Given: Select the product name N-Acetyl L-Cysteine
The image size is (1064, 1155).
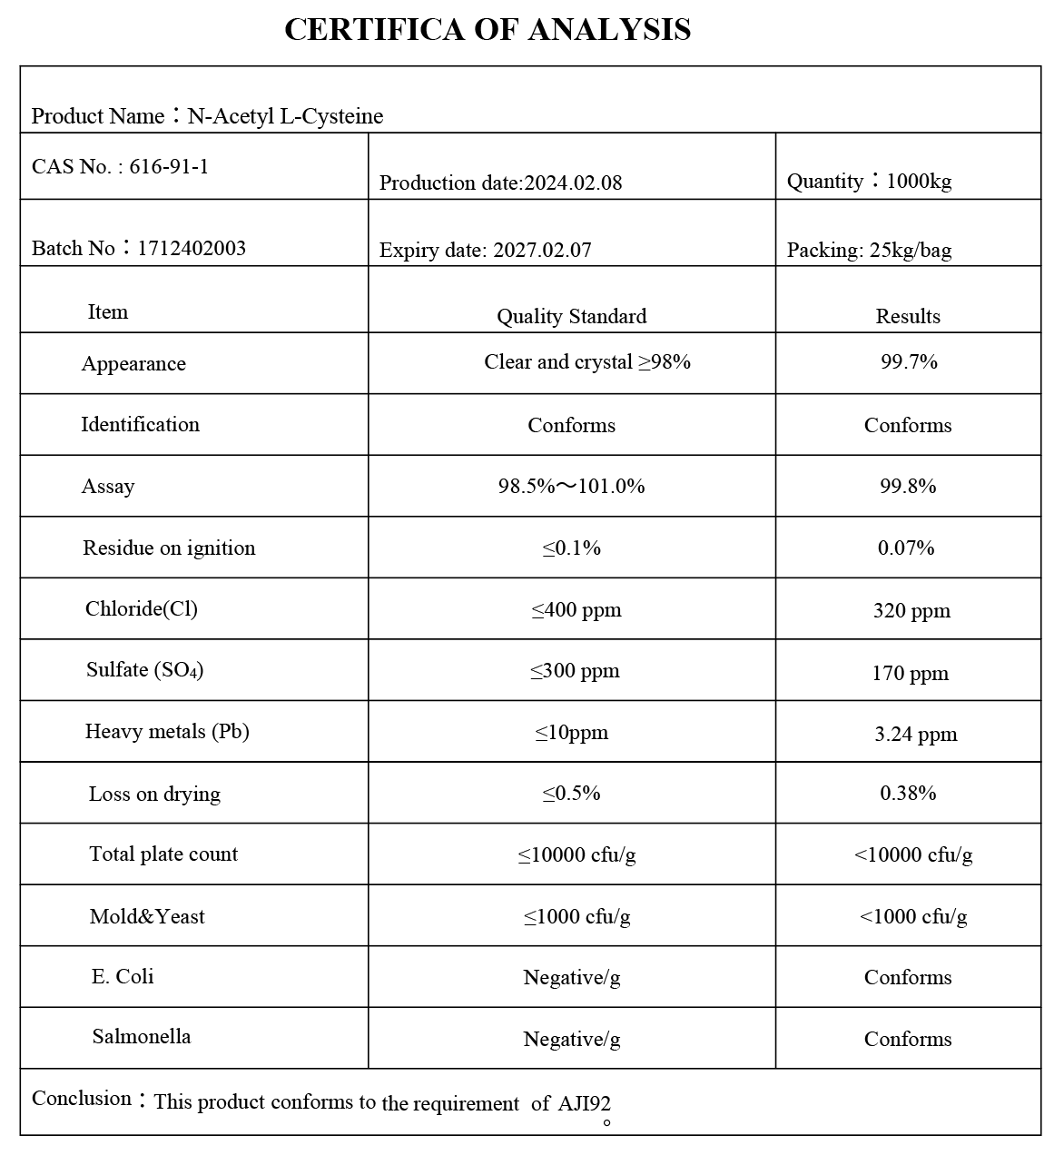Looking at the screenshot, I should tap(285, 116).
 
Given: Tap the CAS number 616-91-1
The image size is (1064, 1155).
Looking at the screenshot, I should tap(169, 166).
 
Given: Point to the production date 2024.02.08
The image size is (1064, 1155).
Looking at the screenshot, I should tap(574, 183).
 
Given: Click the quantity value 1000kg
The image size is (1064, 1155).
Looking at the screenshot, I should tap(919, 181).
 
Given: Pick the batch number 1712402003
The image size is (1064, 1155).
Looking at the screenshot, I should tap(192, 248).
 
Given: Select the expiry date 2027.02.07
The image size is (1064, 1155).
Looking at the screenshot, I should tap(542, 250).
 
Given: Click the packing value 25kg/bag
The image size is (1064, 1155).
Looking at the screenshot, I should tap(911, 250).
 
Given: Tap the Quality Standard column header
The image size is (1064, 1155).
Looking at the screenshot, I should tap(571, 316).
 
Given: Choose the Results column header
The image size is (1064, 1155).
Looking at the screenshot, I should tap(908, 316).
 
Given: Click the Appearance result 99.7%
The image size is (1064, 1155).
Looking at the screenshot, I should tap(909, 361).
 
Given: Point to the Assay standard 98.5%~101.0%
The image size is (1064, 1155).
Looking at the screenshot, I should tap(571, 486).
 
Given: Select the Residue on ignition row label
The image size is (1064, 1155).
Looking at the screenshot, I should tap(169, 548).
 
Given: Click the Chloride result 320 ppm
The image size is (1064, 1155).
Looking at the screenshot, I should tap(911, 610).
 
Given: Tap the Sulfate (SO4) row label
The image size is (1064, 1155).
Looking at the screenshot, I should tap(144, 670).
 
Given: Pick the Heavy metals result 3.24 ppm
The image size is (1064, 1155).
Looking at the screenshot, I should tap(915, 734).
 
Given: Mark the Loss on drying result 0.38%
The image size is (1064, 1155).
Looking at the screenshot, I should tap(908, 793).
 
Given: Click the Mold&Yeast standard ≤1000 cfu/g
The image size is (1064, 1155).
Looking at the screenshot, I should tap(576, 916).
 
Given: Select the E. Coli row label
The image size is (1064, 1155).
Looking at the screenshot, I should tap(123, 976).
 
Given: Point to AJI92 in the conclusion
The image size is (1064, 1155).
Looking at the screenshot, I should tap(584, 1103).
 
